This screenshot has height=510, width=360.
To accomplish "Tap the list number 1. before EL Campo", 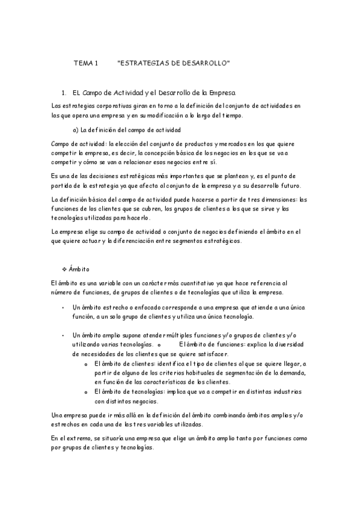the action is pyautogui.click(x=64, y=93).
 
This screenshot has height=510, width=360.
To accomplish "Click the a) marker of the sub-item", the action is pyautogui.click(x=75, y=129).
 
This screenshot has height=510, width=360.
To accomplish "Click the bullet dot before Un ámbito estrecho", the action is pyautogui.click(x=63, y=307).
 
